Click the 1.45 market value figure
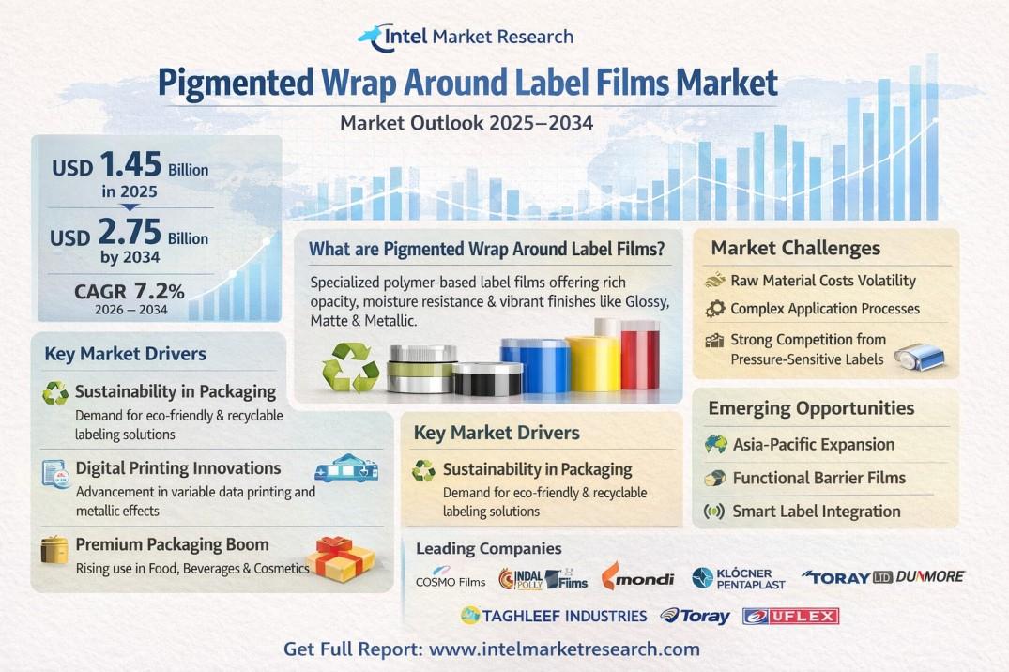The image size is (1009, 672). tap(130, 164)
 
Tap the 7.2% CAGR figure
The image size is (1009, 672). tap(159, 291)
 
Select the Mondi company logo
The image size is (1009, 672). tap(637, 576)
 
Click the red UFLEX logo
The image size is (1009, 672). tap(791, 616)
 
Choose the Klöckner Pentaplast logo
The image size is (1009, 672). tap(738, 578)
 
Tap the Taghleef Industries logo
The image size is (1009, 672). tap(554, 616)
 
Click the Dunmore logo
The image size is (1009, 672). tap(929, 576)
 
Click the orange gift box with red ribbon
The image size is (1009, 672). tap(339, 558)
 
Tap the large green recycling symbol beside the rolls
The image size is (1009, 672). tap(350, 367)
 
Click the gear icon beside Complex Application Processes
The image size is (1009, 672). tap(715, 309)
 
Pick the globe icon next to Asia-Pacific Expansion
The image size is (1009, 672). tap(715, 444)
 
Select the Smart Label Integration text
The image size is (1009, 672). tap(817, 512)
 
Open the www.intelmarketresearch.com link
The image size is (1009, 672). tap(564, 649)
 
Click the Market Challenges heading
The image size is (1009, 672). tap(795, 248)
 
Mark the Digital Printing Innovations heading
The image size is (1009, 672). tap(178, 468)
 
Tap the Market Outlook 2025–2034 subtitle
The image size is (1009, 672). tap(466, 122)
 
